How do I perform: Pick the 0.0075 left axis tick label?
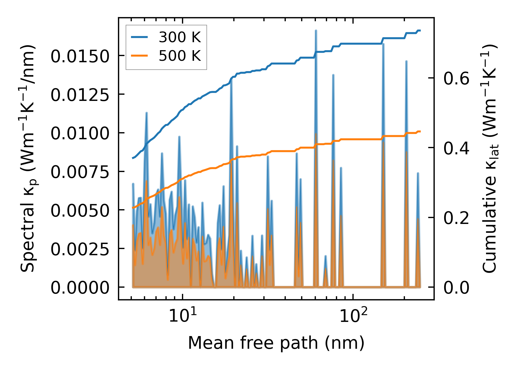80,172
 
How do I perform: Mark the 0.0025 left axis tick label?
80,249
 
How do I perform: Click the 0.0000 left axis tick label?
80,288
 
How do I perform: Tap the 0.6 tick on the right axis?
456,78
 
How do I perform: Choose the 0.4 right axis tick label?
456,148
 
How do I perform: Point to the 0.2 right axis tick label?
456,218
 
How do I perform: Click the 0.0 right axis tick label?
456,288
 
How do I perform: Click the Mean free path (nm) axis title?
276,343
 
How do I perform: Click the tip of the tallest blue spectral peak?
316,31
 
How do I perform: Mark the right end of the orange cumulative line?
420,131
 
